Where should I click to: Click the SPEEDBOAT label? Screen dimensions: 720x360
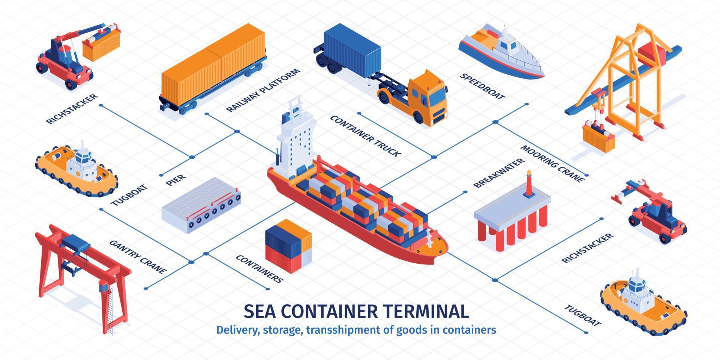pyautogui.click(x=482, y=86)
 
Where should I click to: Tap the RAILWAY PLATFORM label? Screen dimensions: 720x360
pyautogui.click(x=263, y=90)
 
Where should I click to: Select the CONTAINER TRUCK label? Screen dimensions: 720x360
pyautogui.click(x=365, y=136)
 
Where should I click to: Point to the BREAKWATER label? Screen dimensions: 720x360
pyautogui.click(x=498, y=173)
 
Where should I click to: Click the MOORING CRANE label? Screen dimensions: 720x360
pyautogui.click(x=553, y=164)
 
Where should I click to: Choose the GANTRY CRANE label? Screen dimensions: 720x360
pyautogui.click(x=138, y=257)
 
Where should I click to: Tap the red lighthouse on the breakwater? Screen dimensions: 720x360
pyautogui.click(x=529, y=184)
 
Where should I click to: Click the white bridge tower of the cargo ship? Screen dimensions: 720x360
pyautogui.click(x=296, y=141)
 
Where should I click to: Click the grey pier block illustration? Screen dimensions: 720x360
pyautogui.click(x=201, y=205)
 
